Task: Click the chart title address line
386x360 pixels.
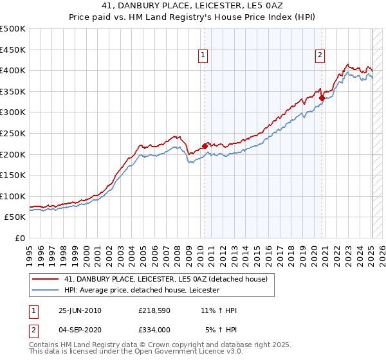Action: click(x=192, y=6)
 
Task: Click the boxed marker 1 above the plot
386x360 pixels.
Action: click(x=203, y=56)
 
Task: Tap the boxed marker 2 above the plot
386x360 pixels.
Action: click(x=320, y=56)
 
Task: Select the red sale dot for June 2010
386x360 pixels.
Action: click(x=205, y=146)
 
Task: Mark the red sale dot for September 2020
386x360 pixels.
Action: click(x=322, y=98)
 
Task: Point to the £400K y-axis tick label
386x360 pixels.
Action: click(x=13, y=70)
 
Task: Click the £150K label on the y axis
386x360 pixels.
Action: click(x=13, y=175)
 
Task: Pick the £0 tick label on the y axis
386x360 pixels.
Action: click(x=19, y=238)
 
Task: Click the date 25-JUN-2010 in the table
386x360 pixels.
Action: click(x=80, y=310)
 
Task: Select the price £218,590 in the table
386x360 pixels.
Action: click(x=154, y=310)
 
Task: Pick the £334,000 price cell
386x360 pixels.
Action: click(x=154, y=330)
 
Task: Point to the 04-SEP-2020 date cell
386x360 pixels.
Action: click(x=80, y=330)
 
